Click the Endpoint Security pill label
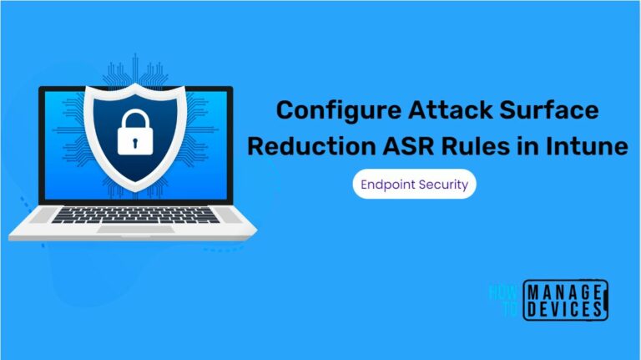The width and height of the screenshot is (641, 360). click(x=414, y=183)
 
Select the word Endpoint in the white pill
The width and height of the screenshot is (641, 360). click(x=389, y=183)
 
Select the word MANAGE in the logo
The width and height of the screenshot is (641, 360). click(x=564, y=292)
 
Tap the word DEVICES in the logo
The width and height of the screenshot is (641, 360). click(x=564, y=310)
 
